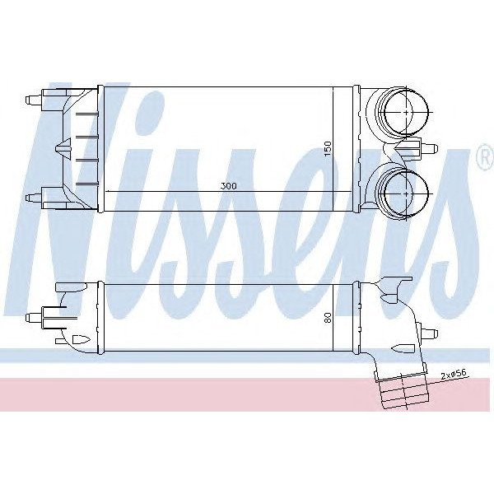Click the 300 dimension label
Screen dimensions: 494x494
[x=228, y=186]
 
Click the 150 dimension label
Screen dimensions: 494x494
[x=327, y=148]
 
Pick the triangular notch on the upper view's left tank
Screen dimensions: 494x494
[x=61, y=148]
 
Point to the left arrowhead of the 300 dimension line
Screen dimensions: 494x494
[x=108, y=191]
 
